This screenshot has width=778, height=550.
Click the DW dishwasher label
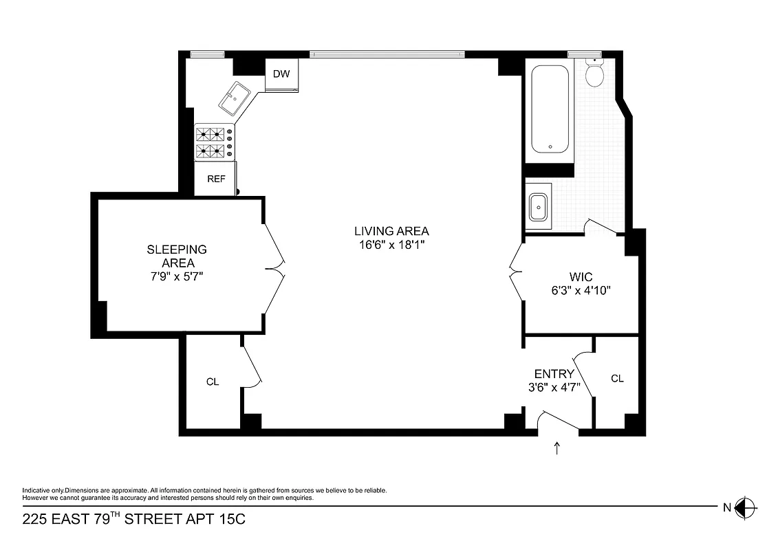[281, 74]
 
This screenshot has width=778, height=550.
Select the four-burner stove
[213, 142]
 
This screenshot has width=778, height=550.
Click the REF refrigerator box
[216, 179]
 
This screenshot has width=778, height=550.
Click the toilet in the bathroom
[594, 72]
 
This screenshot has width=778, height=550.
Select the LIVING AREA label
[391, 231]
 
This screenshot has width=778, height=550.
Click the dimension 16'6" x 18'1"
[391, 245]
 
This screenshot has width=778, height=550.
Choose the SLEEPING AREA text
[177, 256]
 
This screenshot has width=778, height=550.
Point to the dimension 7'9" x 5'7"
[177, 276]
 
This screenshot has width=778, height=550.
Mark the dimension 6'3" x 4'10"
[580, 290]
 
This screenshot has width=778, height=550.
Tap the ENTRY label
[554, 374]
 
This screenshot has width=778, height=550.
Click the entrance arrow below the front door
[557, 448]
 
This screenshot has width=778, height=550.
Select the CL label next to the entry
[617, 378]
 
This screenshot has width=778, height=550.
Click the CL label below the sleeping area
[213, 382]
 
